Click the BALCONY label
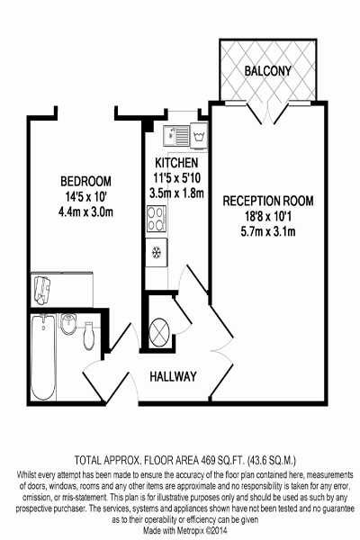267,71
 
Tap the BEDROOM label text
85,181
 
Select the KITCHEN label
176,163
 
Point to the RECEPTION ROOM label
268,201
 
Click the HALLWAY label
173,376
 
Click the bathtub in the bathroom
43,357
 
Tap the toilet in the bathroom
89,336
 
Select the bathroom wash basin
68,324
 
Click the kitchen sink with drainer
176,135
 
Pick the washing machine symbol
199,136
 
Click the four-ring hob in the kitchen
157,219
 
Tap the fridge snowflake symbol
157,253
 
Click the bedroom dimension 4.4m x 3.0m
85,212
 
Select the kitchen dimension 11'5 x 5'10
176,177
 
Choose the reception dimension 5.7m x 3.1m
268,231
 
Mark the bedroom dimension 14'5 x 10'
85,197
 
